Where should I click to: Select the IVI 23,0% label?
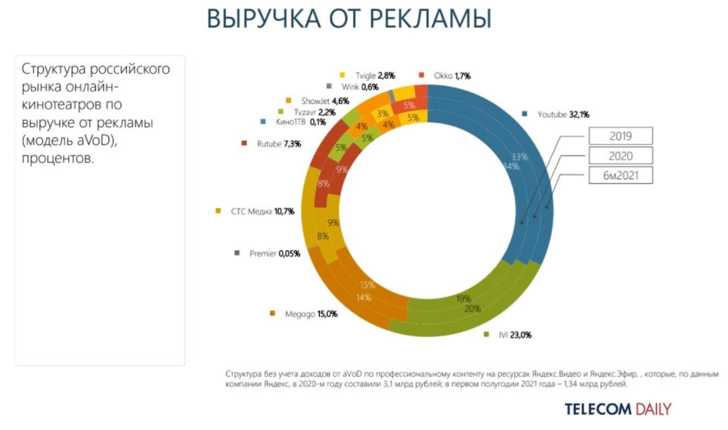513,335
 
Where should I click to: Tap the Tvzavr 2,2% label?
310,112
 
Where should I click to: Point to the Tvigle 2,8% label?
375,75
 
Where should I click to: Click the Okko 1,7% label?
449,75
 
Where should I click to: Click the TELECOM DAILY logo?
618,408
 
